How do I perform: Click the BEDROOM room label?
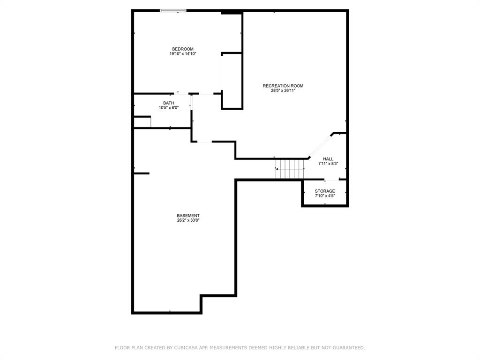(182, 49)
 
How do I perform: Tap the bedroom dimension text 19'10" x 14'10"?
(182, 54)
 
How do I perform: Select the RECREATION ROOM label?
(283, 86)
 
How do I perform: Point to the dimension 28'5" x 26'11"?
(283, 90)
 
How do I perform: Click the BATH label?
(168, 103)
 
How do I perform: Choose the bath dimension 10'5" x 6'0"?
(168, 108)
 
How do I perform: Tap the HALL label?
(328, 159)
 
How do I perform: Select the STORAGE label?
(324, 191)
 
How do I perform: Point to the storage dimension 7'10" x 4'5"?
(324, 196)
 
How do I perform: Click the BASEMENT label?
(188, 216)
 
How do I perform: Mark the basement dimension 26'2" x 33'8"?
(188, 220)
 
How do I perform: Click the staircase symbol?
(290, 169)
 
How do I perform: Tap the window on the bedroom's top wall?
(173, 10)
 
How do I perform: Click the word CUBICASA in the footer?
(185, 348)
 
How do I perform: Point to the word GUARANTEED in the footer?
(348, 348)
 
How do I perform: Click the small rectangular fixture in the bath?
(142, 122)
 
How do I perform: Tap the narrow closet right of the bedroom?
(232, 81)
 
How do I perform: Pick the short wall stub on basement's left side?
(141, 173)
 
